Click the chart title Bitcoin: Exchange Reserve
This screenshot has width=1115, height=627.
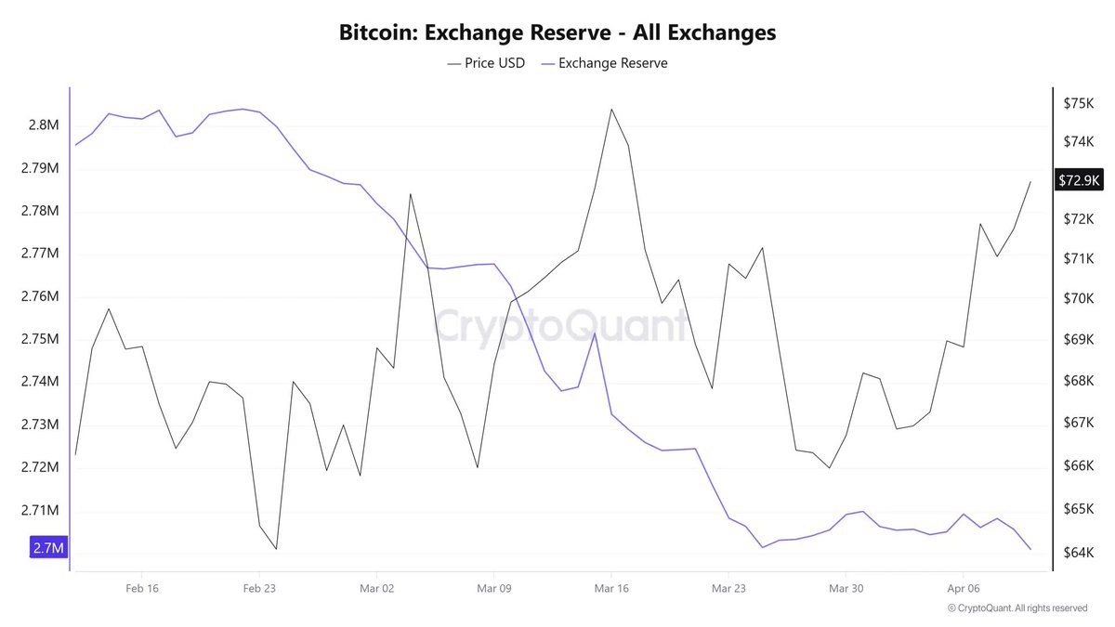[x=557, y=33]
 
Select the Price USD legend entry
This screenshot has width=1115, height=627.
[x=486, y=63]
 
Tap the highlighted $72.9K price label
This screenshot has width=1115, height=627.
[x=1079, y=180]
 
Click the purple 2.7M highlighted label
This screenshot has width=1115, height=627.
[x=48, y=548]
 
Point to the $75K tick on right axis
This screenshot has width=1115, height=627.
[x=1079, y=103]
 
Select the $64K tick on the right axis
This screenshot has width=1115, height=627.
[x=1079, y=554]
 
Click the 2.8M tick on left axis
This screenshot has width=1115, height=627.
[x=44, y=125]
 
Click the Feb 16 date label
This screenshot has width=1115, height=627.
[x=141, y=588]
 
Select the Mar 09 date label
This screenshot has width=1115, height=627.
[x=493, y=588]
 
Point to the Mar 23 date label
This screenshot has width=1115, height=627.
[x=728, y=588]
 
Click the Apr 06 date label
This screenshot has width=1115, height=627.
[x=963, y=588]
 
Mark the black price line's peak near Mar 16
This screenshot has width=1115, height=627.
[x=611, y=110]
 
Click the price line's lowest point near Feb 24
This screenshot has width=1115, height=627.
[x=276, y=549]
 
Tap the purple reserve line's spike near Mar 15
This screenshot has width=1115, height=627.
[x=595, y=333]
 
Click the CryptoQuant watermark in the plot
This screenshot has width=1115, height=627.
[x=561, y=327]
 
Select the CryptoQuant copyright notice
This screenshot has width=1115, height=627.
[x=1017, y=608]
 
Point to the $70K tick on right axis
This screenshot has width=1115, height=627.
[x=1079, y=298]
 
